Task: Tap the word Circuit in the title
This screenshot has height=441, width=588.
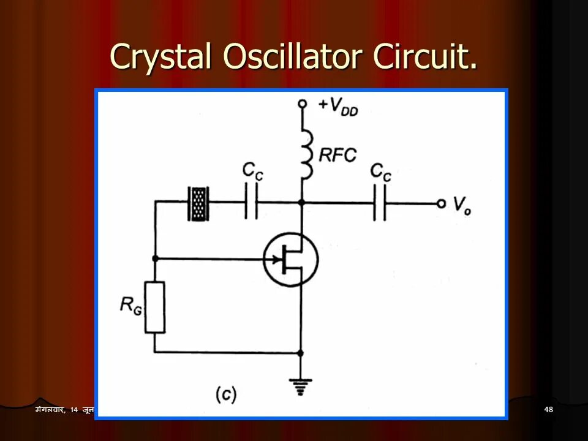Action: click(424, 58)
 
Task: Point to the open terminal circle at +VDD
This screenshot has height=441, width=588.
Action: click(301, 104)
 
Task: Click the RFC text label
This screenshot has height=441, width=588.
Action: click(337, 155)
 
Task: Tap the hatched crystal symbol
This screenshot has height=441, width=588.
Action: click(198, 202)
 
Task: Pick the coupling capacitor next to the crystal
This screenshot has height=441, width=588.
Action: click(251, 202)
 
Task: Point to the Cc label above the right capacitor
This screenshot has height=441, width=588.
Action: click(381, 174)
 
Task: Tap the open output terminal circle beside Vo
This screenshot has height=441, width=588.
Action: click(441, 203)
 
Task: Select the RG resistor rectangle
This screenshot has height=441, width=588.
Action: click(156, 306)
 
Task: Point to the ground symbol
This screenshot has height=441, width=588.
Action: click(301, 385)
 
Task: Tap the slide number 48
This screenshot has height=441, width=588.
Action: click(548, 409)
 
